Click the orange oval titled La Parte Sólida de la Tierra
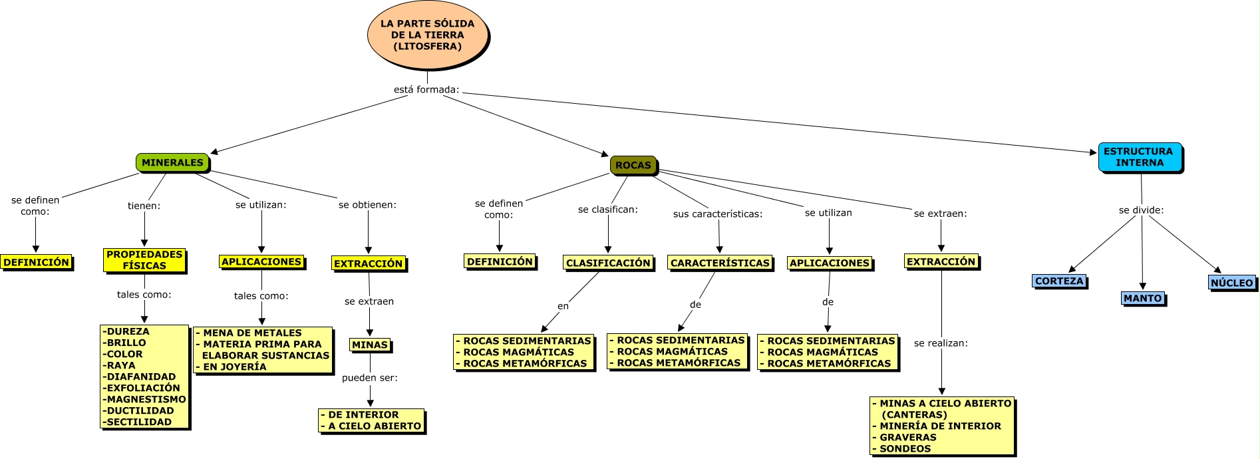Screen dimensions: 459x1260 pyautogui.click(x=427, y=35)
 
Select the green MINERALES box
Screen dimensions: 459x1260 pyautogui.click(x=172, y=162)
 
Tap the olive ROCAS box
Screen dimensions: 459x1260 pyautogui.click(x=633, y=165)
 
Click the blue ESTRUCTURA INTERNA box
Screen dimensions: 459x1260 pyautogui.click(x=1139, y=157)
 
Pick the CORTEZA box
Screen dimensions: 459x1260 pyautogui.click(x=1059, y=281)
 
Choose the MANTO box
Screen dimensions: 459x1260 pyautogui.click(x=1142, y=298)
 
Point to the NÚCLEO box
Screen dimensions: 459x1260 pyautogui.click(x=1231, y=283)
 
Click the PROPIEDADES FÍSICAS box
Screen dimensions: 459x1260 pyautogui.click(x=144, y=260)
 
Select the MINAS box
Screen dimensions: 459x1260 pyautogui.click(x=370, y=345)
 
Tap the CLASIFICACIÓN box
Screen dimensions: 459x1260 pyautogui.click(x=608, y=263)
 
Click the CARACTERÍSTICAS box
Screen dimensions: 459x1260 pyautogui.click(x=720, y=263)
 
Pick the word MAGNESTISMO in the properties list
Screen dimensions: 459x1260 pyautogui.click(x=146, y=399)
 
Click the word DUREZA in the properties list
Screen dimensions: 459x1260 pyautogui.click(x=128, y=331)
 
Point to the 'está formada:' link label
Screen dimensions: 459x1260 pyautogui.click(x=426, y=90)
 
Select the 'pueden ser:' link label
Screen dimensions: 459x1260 pyautogui.click(x=370, y=378)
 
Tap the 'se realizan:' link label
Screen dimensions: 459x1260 pyautogui.click(x=941, y=343)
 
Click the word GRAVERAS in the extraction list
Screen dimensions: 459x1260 pyautogui.click(x=907, y=437)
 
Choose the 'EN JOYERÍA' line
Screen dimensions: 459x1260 pyautogui.click(x=234, y=367)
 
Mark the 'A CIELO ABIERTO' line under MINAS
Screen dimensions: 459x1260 pyautogui.click(x=374, y=426)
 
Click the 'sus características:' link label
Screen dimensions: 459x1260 pyautogui.click(x=718, y=214)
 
